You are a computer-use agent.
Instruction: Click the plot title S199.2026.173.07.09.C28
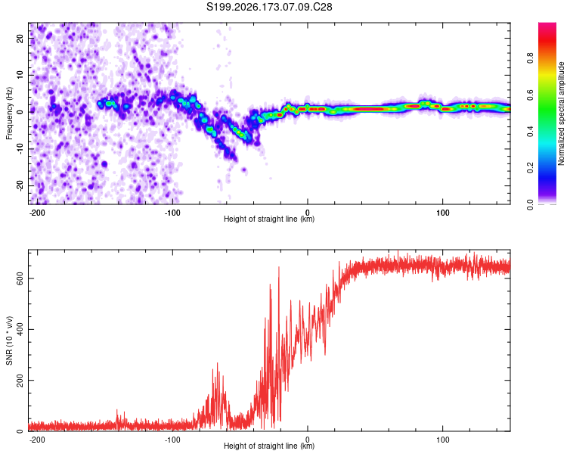269,7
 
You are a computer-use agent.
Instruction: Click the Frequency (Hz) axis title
9,113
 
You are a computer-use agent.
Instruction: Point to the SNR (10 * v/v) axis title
9,340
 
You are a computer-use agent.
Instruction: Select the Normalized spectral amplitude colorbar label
561,113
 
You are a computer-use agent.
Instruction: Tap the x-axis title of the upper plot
269,219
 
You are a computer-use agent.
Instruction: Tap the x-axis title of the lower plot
269,446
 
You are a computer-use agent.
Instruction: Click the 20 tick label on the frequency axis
20,39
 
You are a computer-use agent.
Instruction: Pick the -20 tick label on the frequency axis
20,185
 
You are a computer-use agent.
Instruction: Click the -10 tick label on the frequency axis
20,149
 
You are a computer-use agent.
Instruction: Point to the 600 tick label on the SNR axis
20,278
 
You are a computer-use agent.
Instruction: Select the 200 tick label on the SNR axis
20,380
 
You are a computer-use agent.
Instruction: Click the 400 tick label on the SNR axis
20,329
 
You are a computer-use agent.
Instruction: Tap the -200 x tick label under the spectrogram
36,213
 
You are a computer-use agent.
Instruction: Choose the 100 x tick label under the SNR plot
442,440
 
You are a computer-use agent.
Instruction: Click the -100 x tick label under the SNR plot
172,440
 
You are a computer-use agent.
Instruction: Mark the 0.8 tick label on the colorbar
531,58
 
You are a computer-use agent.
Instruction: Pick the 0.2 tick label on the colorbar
531,168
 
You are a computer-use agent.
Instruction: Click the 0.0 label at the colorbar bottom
531,204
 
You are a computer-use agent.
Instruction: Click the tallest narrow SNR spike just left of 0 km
279,267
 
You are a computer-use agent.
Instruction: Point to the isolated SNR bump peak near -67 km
217,363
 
